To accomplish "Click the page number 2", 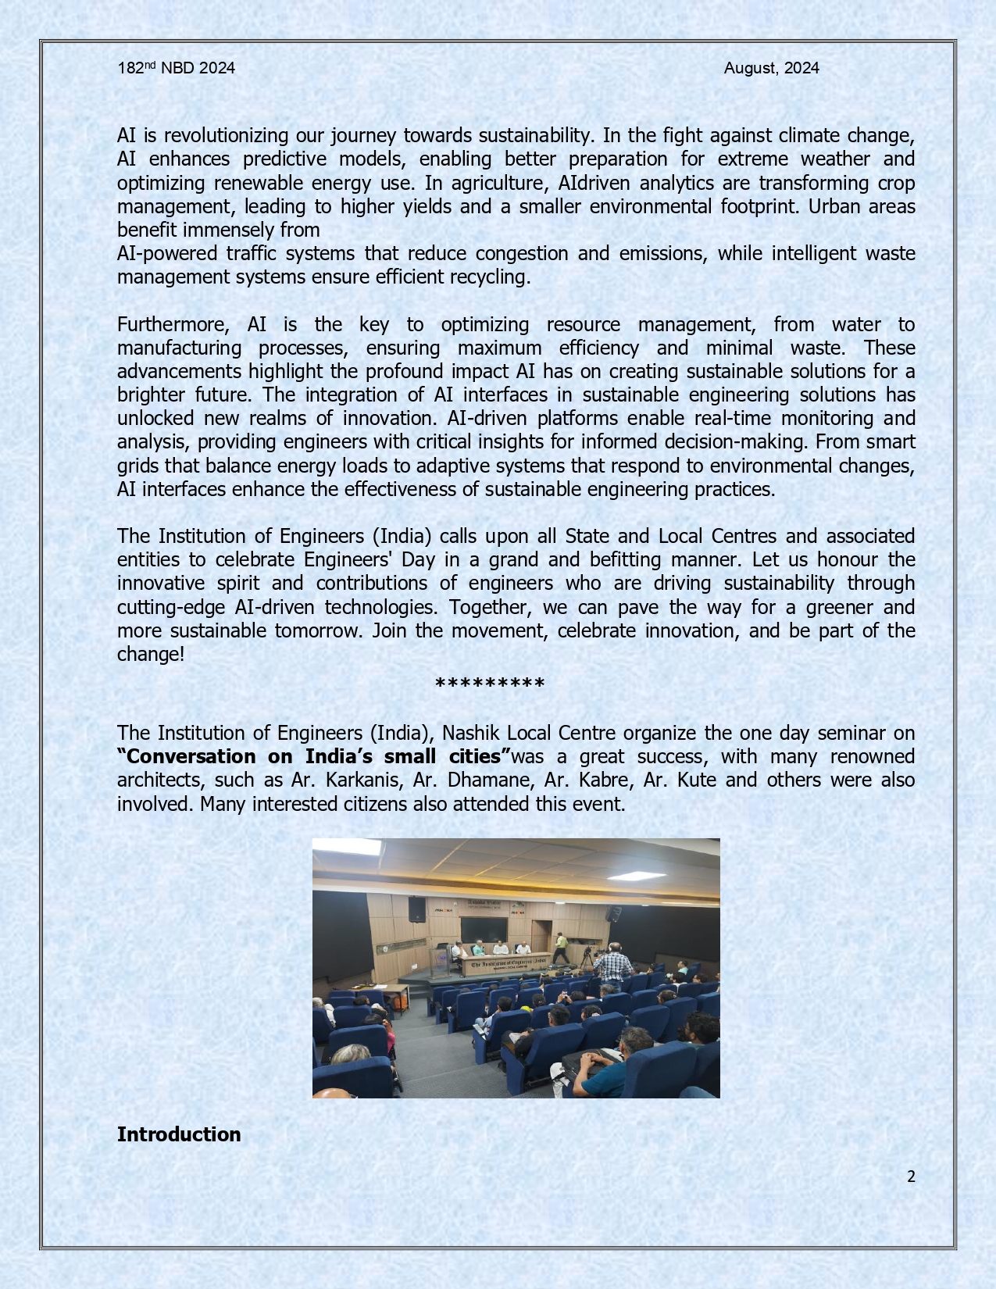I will [911, 1177].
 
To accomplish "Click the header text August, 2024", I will [771, 68].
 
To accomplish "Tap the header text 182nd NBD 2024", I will [176, 68].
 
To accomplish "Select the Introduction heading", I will [179, 1134].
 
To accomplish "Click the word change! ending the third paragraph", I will [151, 654].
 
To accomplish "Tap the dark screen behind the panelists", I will [484, 930].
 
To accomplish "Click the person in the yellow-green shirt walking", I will [560, 948].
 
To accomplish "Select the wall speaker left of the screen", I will [417, 909].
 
